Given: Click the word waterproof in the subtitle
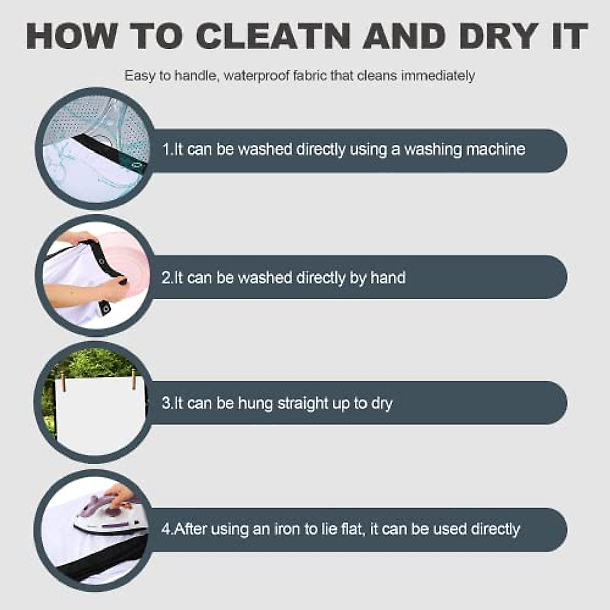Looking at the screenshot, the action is click(x=256, y=76).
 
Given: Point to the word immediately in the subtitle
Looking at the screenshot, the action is click(x=438, y=76).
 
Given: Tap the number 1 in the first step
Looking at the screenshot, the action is click(x=166, y=149).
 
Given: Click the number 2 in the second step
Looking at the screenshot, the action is click(x=166, y=278).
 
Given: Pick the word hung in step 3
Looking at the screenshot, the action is click(x=255, y=403).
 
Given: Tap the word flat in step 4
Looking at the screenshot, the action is click(x=351, y=529).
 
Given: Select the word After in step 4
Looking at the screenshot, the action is click(x=190, y=529).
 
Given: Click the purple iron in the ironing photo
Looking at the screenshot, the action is click(x=111, y=515).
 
